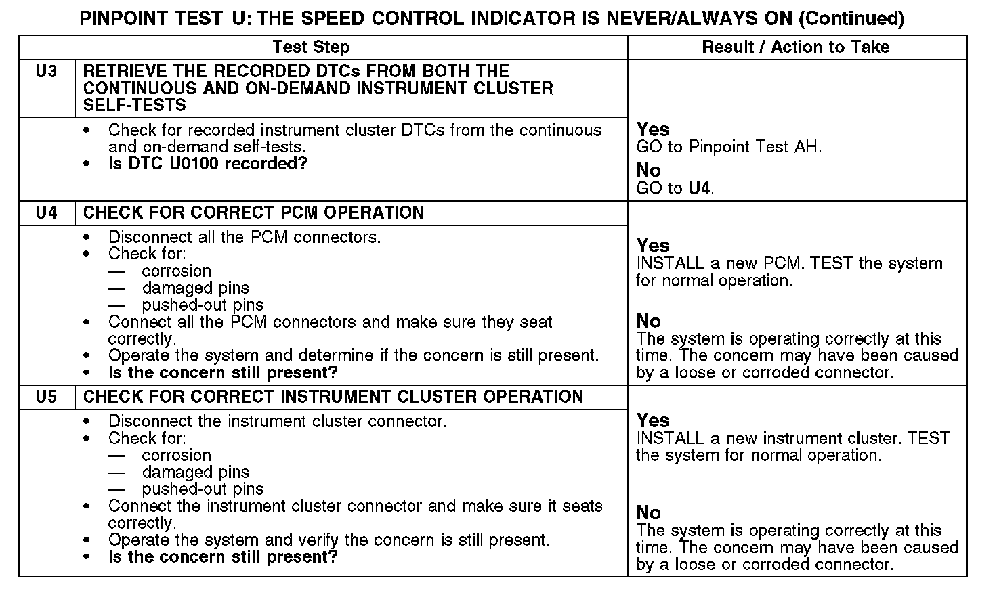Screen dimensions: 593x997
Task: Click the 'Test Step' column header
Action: coord(311,47)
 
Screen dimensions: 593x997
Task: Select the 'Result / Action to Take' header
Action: coord(796,47)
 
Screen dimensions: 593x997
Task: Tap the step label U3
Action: coord(46,72)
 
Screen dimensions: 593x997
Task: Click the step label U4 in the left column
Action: coord(46,213)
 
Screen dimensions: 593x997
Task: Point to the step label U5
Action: coord(46,397)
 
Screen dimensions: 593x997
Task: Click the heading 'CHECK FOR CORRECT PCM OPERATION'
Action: coord(253,213)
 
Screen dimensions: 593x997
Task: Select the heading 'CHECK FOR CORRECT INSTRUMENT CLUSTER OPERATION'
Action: coord(333,397)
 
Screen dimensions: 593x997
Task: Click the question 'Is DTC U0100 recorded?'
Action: coord(208,164)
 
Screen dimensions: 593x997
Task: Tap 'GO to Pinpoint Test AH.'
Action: coord(729,147)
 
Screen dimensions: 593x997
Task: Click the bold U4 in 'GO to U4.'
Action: coord(700,189)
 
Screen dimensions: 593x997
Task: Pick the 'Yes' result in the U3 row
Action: coord(653,130)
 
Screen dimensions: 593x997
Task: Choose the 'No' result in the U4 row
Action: coord(648,321)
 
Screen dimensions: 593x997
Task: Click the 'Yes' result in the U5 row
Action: coord(653,421)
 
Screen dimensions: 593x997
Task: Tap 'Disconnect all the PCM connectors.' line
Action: coord(245,238)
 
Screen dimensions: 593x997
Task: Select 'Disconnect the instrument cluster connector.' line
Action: coord(277,422)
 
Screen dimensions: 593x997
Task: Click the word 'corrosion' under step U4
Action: coord(176,271)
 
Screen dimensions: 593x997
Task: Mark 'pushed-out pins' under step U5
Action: coord(203,489)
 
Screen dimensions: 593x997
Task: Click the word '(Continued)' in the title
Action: coord(852,18)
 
